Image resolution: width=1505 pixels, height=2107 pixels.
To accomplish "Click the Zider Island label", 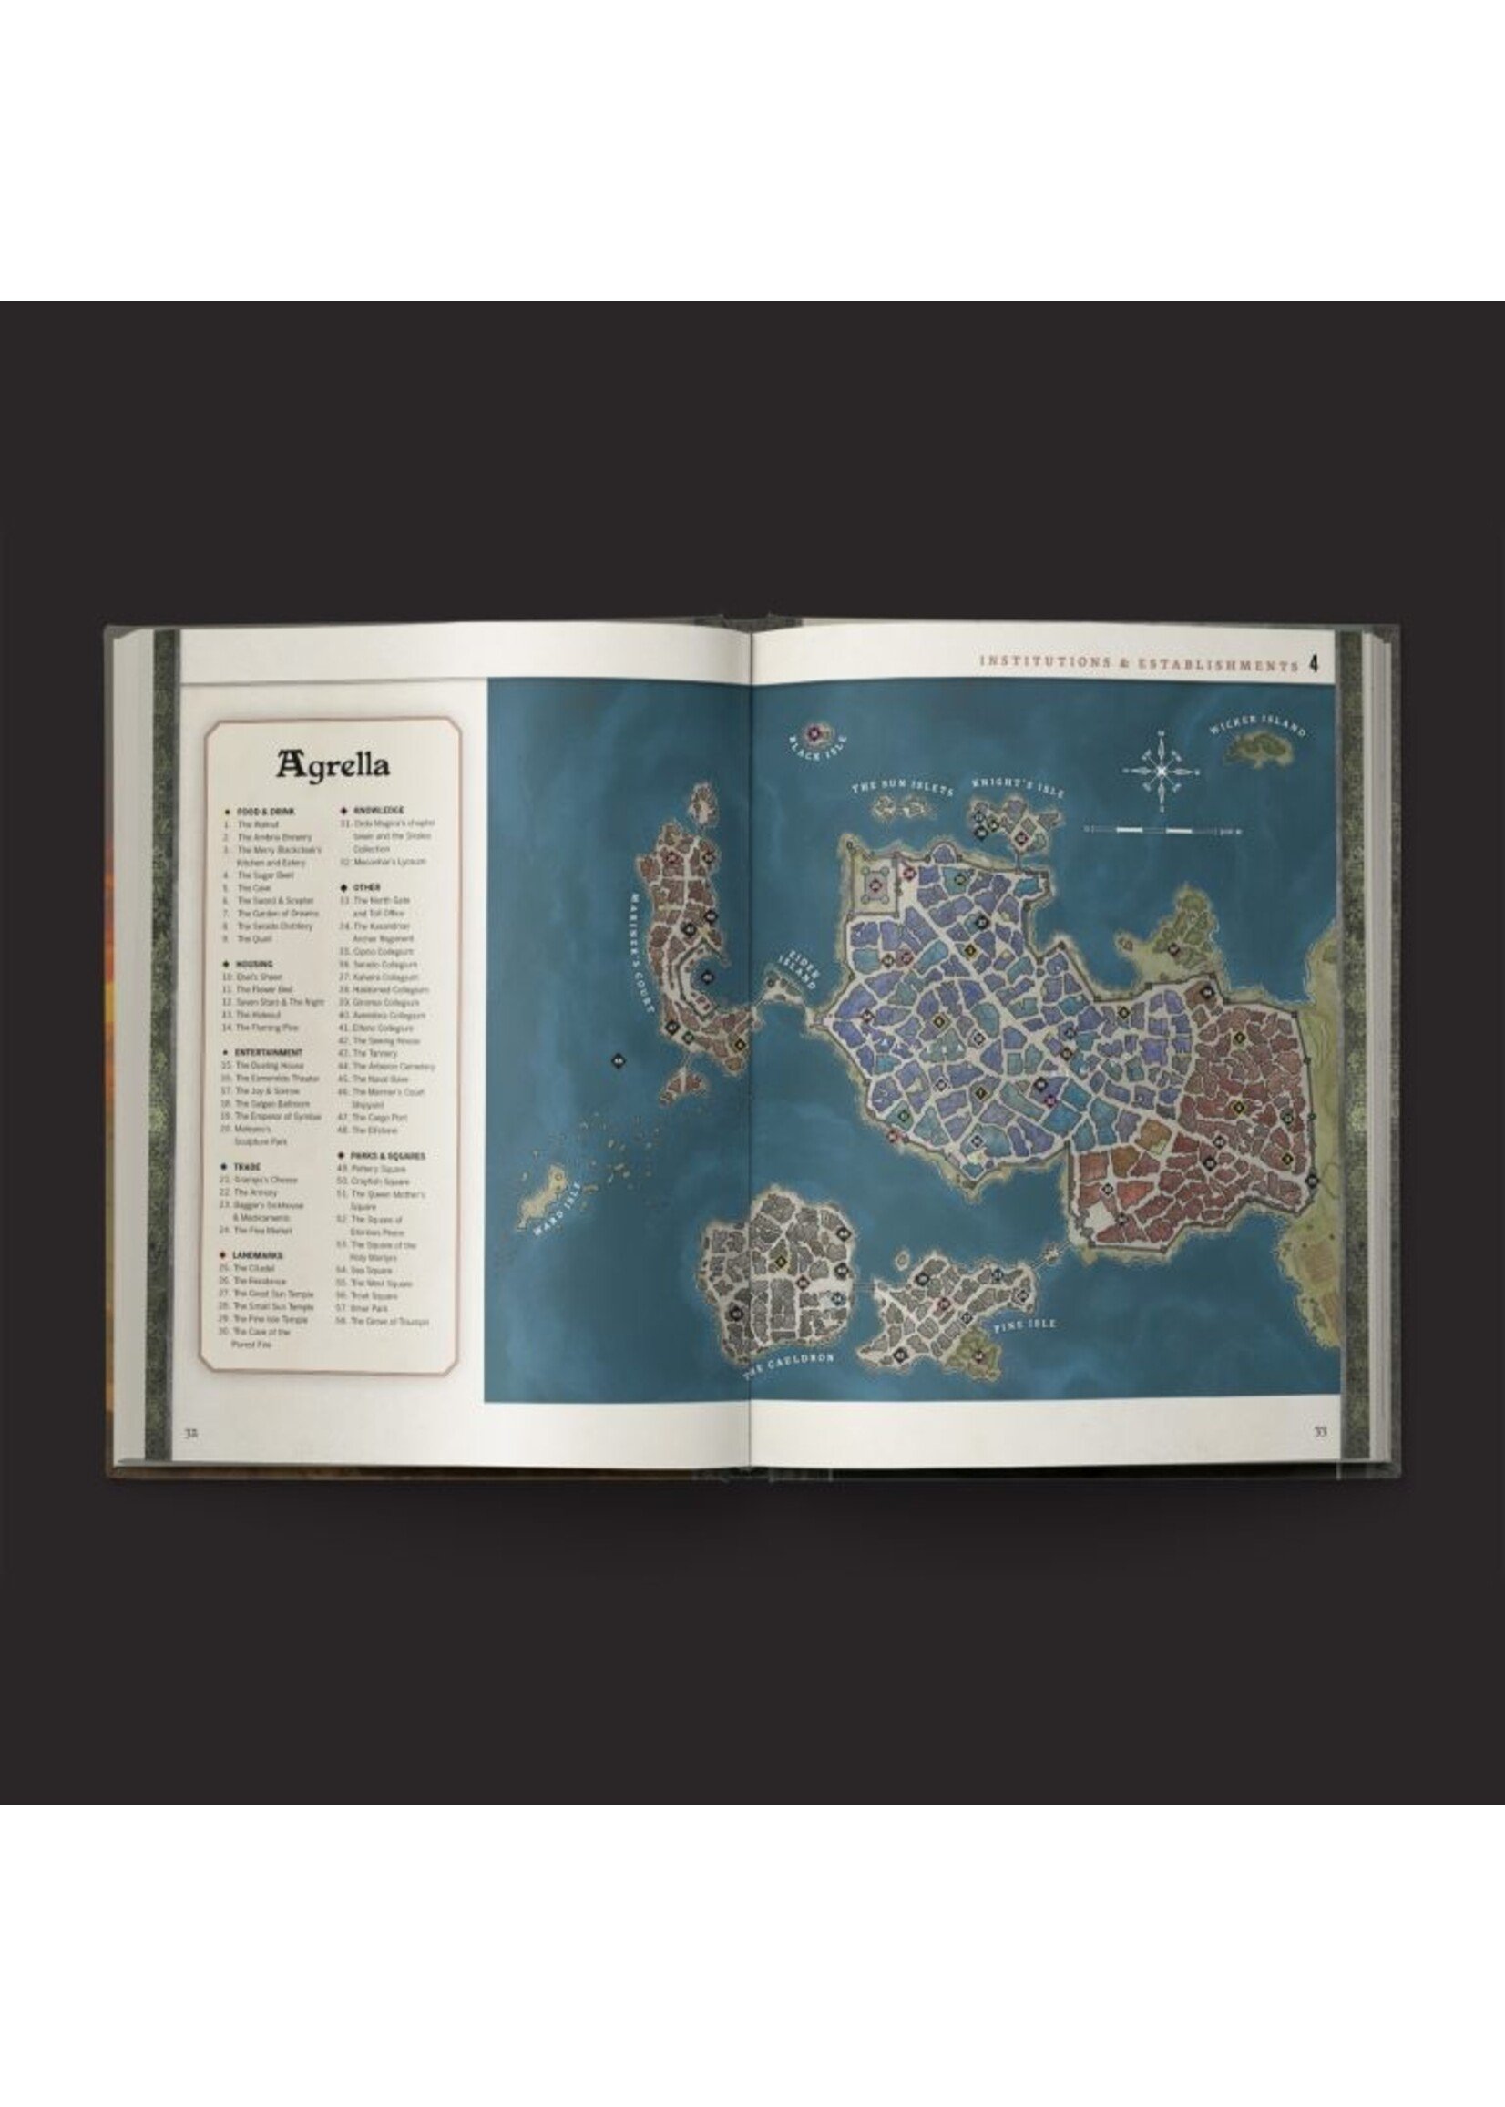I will pyautogui.click(x=800, y=969).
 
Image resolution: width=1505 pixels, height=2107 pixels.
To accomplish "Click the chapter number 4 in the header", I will pyautogui.click(x=1313, y=663).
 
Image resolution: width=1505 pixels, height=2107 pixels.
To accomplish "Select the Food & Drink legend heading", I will pyautogui.click(x=264, y=811).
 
